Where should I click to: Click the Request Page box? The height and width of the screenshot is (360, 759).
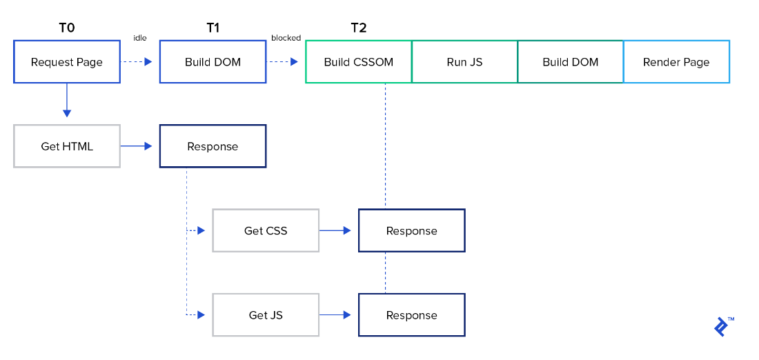point(67,62)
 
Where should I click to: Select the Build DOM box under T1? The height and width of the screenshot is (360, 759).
point(213,62)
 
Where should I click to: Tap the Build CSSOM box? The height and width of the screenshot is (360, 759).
point(358,62)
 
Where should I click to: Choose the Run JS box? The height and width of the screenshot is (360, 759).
point(464,62)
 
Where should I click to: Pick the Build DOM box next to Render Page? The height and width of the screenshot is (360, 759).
point(570,62)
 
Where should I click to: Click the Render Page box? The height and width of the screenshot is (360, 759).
point(676,62)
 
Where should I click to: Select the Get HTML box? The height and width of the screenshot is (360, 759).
point(67,146)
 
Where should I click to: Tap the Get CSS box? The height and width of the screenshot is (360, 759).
point(266,230)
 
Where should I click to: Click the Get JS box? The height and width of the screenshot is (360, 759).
point(266,315)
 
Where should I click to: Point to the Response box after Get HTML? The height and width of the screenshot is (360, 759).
point(213,146)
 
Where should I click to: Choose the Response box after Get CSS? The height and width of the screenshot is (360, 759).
point(412,230)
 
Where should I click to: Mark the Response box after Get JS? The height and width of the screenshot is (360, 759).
point(412,315)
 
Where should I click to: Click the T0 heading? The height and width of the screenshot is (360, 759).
point(67,28)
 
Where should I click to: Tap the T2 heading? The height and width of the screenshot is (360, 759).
point(359,28)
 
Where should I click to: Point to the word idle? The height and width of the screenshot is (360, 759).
point(139,38)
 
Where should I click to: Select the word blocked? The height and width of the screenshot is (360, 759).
point(286,38)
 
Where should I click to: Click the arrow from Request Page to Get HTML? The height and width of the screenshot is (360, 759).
point(67,101)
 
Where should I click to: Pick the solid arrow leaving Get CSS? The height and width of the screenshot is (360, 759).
point(337,230)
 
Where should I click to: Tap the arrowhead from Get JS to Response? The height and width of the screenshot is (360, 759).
point(348,315)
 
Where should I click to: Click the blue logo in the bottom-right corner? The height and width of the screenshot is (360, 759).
point(722,326)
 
